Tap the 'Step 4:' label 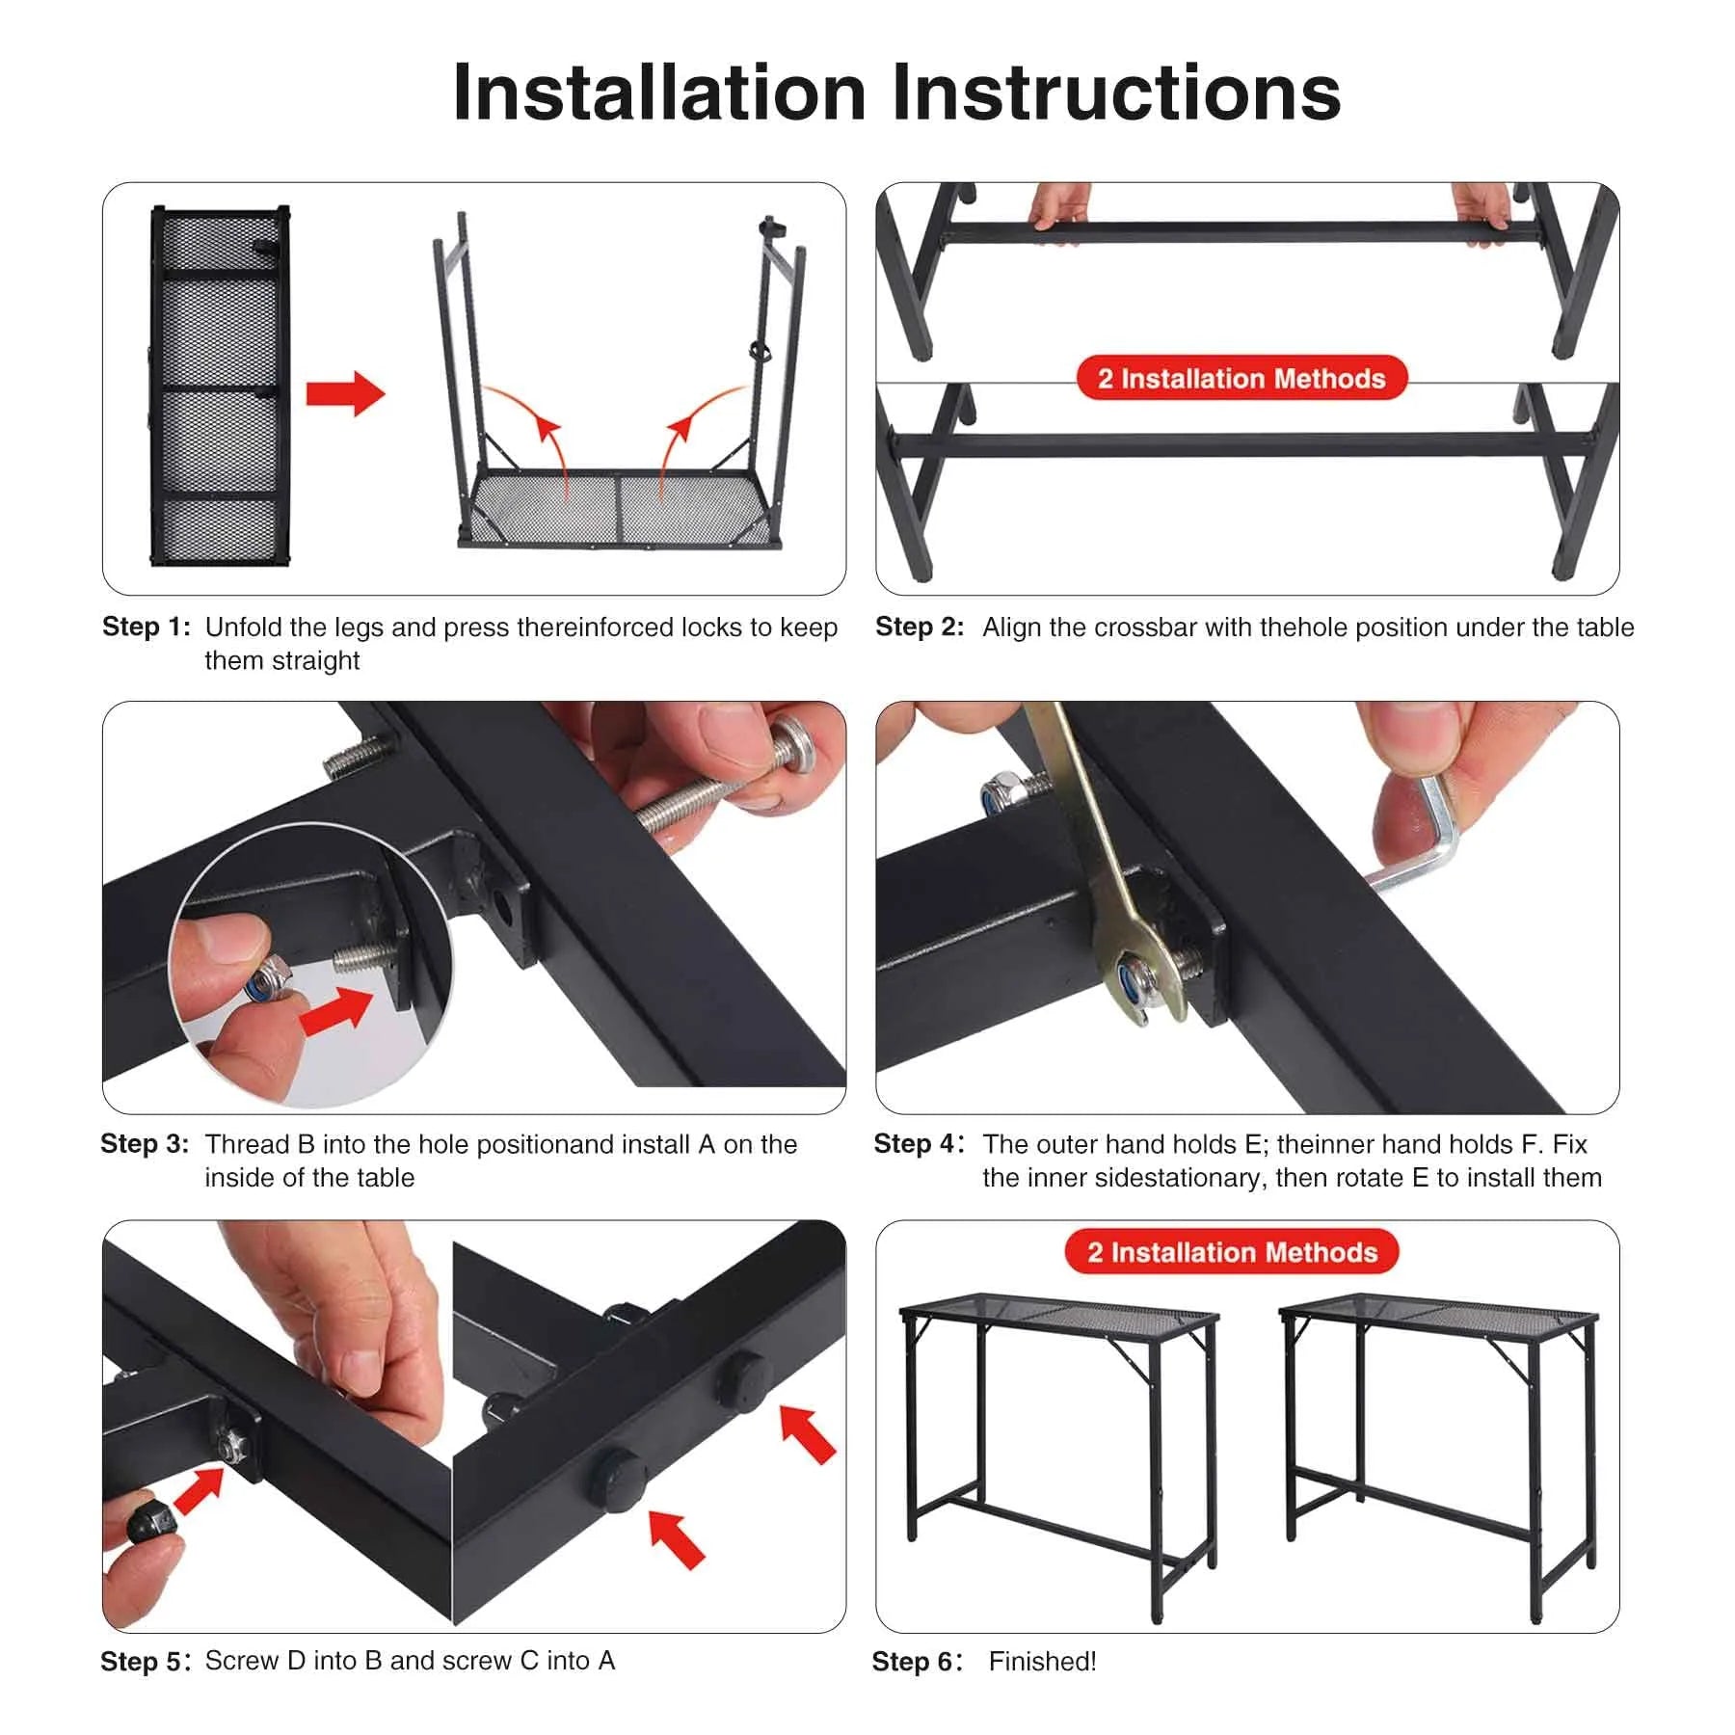coord(918,1143)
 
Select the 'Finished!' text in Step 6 coord(1042,1661)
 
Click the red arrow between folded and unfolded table coord(345,393)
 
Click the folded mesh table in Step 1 coord(220,386)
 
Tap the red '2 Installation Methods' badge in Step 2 coord(1241,378)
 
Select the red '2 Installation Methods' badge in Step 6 coord(1232,1251)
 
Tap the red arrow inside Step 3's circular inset coord(337,1012)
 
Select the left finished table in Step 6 coord(1058,1446)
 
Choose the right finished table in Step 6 coord(1436,1446)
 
